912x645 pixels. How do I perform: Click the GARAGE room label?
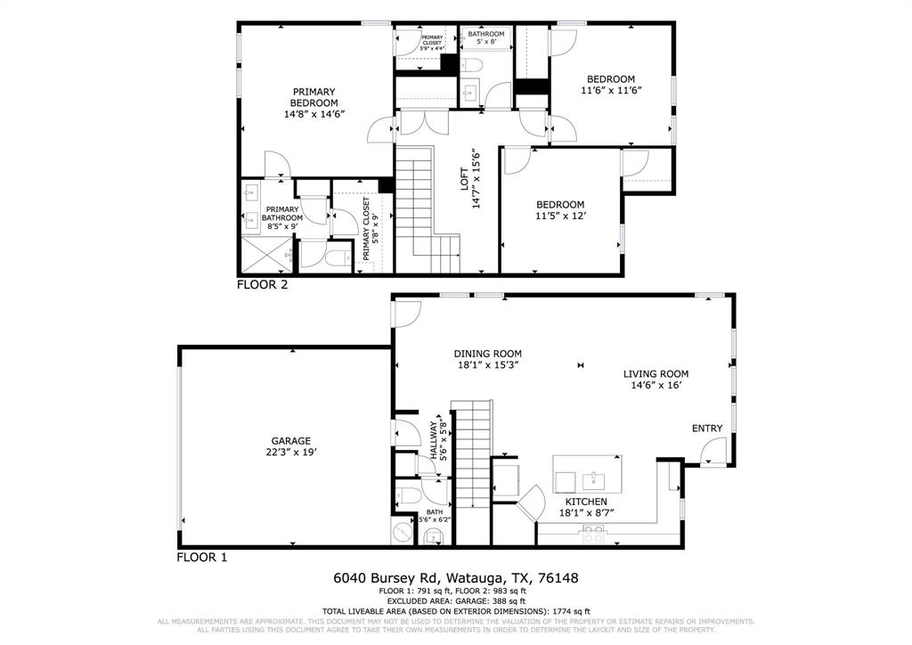point(291,441)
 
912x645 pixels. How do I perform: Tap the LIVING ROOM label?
point(655,374)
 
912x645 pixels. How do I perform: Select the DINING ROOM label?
point(488,354)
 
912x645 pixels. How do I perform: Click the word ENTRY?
point(707,429)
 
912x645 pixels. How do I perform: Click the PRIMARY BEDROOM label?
point(313,97)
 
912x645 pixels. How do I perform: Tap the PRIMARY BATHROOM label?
point(281,213)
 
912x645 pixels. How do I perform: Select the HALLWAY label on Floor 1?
point(435,439)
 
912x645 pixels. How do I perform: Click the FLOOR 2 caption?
point(261,285)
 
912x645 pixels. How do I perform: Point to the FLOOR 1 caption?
point(202,558)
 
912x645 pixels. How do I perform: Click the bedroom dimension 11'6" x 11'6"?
point(611,91)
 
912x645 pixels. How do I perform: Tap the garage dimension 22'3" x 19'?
point(291,452)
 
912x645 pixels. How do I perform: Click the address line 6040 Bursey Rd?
point(455,578)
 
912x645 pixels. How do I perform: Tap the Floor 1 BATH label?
point(434,512)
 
